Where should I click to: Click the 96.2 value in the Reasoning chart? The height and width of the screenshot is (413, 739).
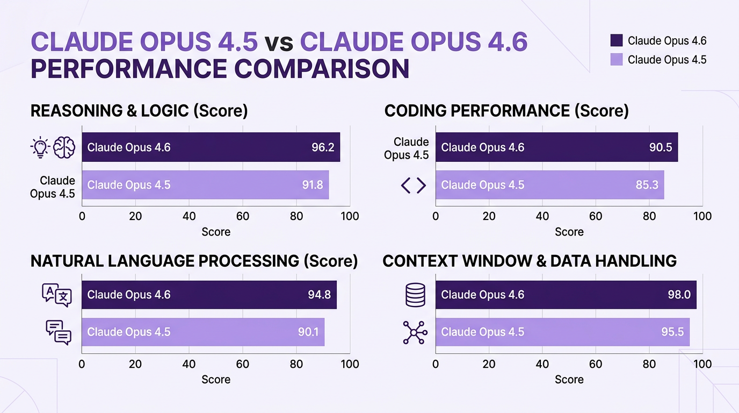(323, 147)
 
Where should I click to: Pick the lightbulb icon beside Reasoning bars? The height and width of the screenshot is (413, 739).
(40, 147)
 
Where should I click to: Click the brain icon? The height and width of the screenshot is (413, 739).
(64, 147)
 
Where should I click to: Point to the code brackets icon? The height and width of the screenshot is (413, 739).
(414, 186)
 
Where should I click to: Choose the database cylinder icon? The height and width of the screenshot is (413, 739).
(415, 295)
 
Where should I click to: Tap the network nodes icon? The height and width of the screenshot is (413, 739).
(415, 332)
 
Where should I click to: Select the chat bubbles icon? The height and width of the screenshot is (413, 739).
(59, 332)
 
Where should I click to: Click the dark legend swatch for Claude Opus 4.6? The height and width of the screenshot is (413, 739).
(617, 41)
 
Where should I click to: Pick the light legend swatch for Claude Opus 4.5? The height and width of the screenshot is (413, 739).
(617, 60)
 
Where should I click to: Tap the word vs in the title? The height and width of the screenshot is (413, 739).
(278, 42)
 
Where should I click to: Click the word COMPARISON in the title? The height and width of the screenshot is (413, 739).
(321, 69)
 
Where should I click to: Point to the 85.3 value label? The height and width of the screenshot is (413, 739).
(647, 185)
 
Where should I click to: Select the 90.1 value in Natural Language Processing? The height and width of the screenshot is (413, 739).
(308, 332)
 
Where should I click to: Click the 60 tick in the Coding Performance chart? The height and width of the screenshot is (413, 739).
(596, 216)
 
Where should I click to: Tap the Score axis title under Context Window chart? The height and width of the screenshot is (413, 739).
(569, 380)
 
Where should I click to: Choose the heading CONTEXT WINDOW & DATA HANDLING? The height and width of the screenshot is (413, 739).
(529, 261)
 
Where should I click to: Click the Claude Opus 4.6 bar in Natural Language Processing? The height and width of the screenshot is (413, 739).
(209, 295)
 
